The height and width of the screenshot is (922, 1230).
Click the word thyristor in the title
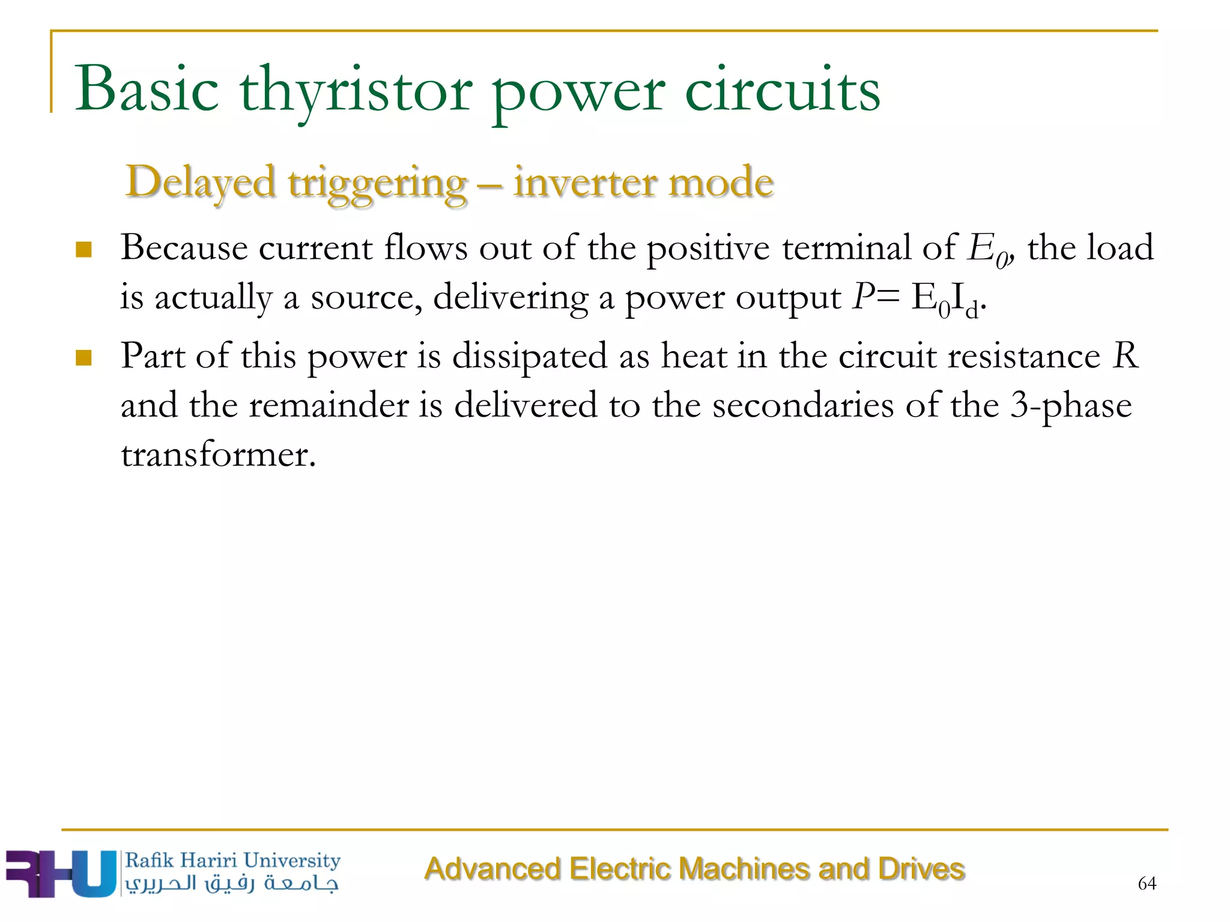[356, 91]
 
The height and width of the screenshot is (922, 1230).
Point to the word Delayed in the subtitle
[201, 182]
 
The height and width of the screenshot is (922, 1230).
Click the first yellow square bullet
[84, 249]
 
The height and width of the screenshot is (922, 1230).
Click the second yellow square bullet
[84, 358]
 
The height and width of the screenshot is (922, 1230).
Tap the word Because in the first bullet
[184, 247]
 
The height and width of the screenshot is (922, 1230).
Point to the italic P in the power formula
[863, 297]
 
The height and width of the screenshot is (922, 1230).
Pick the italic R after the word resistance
[1125, 355]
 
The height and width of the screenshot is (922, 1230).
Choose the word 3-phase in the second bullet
[1071, 405]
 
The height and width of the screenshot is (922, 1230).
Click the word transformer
[218, 454]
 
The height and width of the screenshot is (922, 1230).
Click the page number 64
[1147, 883]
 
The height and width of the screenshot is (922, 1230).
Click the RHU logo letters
[60, 873]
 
